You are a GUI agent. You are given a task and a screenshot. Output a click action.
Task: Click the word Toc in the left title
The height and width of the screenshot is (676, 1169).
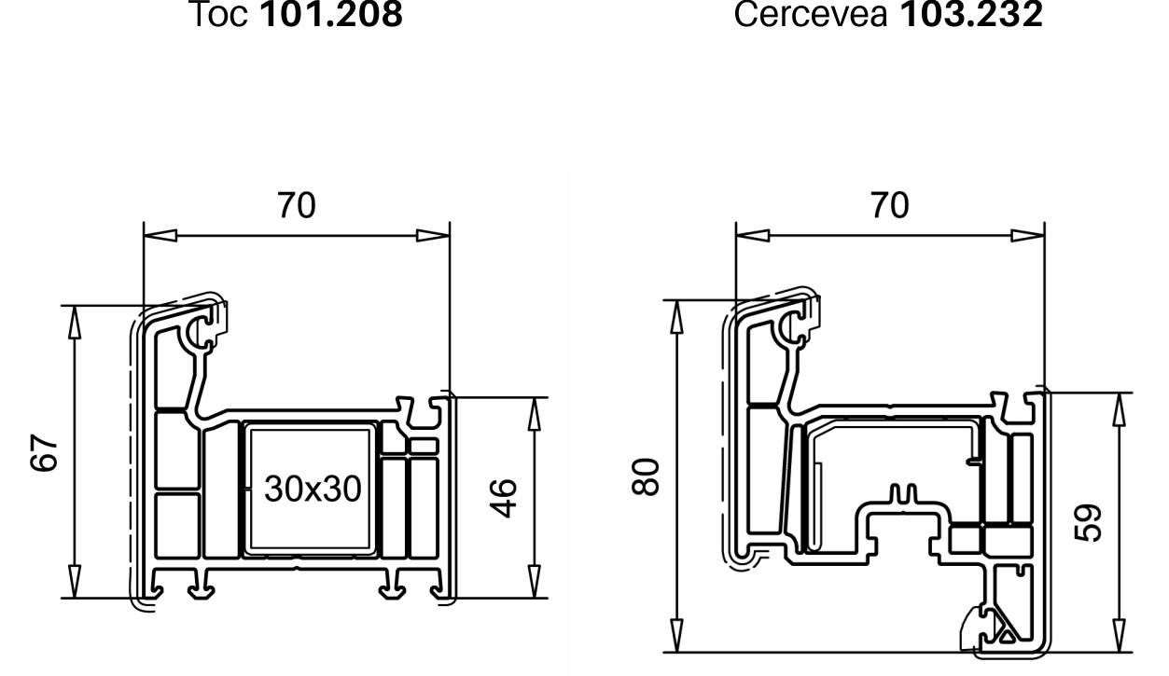[218, 14]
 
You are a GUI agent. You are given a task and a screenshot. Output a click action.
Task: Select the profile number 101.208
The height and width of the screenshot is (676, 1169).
[331, 14]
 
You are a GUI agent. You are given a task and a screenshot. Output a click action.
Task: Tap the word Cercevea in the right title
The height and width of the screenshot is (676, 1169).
[811, 14]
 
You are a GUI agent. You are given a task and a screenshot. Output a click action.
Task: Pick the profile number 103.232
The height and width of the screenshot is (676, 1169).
[972, 14]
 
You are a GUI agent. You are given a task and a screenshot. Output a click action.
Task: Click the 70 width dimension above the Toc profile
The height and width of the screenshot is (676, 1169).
[297, 205]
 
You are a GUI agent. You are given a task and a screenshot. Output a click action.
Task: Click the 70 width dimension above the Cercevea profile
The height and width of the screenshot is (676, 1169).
[890, 205]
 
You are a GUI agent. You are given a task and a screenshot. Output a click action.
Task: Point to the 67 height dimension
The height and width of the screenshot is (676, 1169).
[44, 452]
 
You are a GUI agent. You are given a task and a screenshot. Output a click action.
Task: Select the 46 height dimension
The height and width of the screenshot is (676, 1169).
[503, 498]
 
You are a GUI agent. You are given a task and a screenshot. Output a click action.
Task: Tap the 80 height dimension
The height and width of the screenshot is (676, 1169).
[646, 476]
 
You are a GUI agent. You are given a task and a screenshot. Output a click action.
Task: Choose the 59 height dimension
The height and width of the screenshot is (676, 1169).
[1088, 523]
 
